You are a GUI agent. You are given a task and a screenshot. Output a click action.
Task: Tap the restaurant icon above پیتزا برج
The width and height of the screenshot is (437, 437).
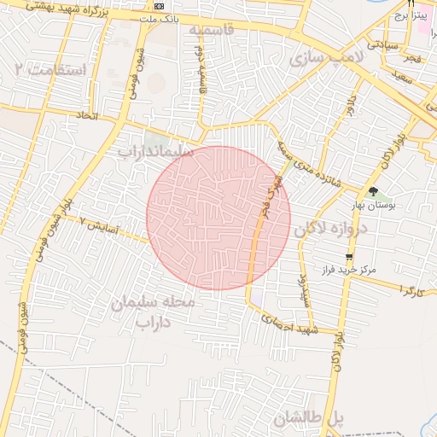click(410, 3)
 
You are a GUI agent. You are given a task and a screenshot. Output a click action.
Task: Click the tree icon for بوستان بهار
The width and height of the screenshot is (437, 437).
click(373, 192)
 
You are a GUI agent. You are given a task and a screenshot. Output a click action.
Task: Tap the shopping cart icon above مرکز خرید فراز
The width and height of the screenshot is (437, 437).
click(348, 257)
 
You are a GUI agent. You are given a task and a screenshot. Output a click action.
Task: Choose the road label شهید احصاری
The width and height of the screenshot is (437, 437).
click(291, 324)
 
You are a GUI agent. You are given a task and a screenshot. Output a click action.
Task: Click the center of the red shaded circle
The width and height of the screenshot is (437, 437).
click(218, 218)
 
